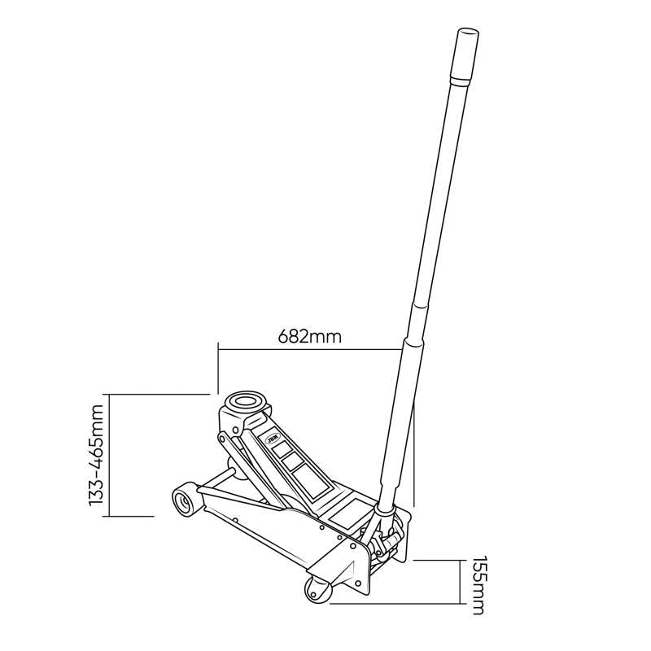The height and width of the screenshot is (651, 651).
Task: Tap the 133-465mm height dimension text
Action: point(98,457)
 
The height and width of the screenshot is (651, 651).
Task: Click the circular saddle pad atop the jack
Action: point(247,401)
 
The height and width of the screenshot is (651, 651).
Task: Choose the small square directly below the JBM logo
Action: point(282,448)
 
